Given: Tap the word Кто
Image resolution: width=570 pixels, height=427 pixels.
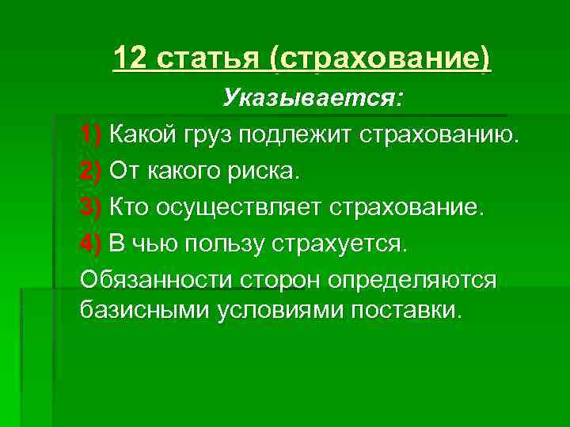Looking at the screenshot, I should point(129,206).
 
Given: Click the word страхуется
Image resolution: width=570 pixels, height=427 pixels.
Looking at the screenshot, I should point(342,244).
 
